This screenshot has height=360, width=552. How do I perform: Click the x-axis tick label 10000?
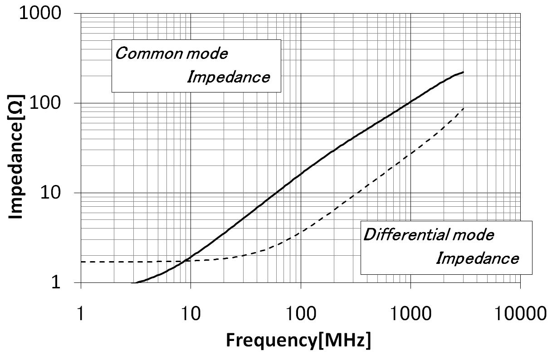tap(520, 313)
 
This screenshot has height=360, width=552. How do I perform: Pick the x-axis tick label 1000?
tap(410, 313)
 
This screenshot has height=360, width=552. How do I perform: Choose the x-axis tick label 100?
tap(301, 313)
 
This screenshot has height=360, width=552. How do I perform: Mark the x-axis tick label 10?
tap(191, 313)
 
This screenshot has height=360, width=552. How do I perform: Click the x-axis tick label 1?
tap(81, 313)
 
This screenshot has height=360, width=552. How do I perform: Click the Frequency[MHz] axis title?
tap(298, 340)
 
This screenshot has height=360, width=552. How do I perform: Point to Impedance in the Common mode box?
tap(229, 77)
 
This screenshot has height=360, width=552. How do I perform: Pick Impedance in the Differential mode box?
tap(477, 258)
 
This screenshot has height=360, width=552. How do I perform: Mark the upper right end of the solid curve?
tap(463, 72)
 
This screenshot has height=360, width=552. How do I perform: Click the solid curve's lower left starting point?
tap(132, 283)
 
